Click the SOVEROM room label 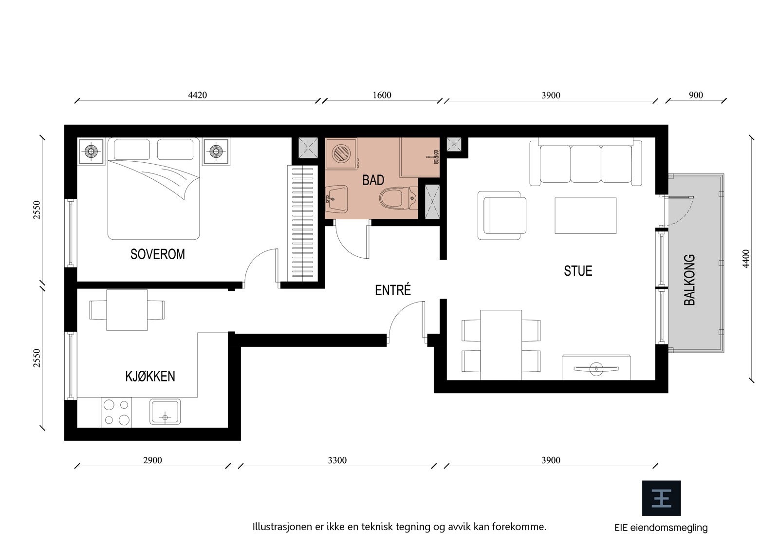point(157,254)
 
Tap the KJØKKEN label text point(150,376)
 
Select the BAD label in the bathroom point(373,180)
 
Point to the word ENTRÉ point(393,290)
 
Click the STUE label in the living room point(578,271)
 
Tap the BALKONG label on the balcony point(689,280)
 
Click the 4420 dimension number point(197,95)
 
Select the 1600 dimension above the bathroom point(382,95)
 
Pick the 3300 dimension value point(337,460)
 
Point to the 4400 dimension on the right point(746,259)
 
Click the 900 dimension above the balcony point(696,95)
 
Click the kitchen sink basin point(165,412)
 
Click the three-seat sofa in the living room point(586,163)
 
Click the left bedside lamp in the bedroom point(91,152)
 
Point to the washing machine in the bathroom point(341,153)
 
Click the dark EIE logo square point(661,498)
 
